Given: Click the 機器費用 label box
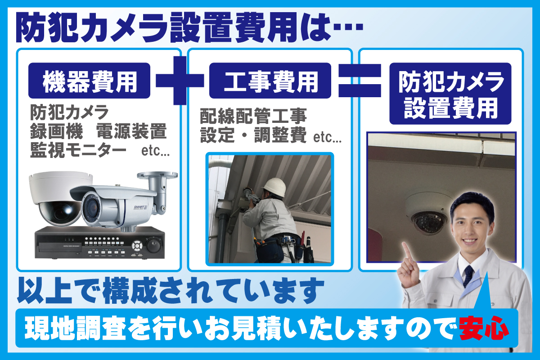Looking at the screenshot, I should (x=89, y=81).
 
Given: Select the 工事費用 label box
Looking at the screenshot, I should (x=270, y=81).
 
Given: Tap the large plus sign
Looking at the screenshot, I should (x=180, y=81).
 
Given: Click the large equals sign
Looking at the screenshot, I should (x=360, y=81).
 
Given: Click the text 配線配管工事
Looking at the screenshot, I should (x=254, y=117).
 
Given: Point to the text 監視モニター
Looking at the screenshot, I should (x=78, y=151).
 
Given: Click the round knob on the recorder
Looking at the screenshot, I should (x=153, y=245).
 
